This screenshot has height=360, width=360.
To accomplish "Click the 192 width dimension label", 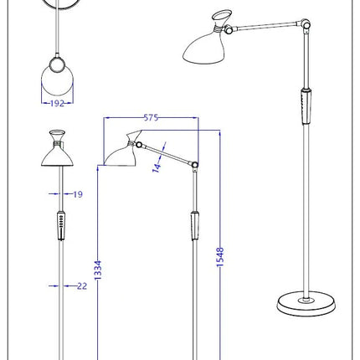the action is pyautogui.click(x=57, y=104).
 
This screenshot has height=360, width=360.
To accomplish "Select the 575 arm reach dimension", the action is pyautogui.click(x=151, y=118).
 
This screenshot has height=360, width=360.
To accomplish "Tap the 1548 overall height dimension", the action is pyautogui.click(x=220, y=257).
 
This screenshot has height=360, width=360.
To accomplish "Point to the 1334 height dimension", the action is pyautogui.click(x=98, y=270).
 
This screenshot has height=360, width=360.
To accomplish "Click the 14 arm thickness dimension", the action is pyautogui.click(x=157, y=167).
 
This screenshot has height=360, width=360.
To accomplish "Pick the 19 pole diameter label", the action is pyautogui.click(x=78, y=194).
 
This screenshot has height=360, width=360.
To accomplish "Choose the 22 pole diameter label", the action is pyautogui.click(x=82, y=286).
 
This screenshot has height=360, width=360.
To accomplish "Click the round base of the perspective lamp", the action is pyautogui.click(x=306, y=304).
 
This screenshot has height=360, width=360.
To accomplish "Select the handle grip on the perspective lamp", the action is pyautogui.click(x=306, y=106).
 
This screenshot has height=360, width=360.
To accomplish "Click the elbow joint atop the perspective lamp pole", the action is pyautogui.click(x=306, y=24).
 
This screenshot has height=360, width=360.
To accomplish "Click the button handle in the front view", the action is pyautogui.click(x=61, y=225).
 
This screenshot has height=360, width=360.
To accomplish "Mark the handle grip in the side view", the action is pyautogui.click(x=195, y=225).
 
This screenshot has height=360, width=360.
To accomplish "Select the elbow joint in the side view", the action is pyautogui.click(x=195, y=165).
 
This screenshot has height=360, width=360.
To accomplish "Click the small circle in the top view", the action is pyautogui.click(x=57, y=64).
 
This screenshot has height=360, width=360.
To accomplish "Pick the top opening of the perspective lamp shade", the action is pyautogui.click(x=222, y=15).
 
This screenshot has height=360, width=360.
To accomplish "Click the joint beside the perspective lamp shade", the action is pyautogui.click(x=229, y=29).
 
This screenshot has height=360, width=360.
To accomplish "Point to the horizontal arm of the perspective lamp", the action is pyautogui.click(x=266, y=25).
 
